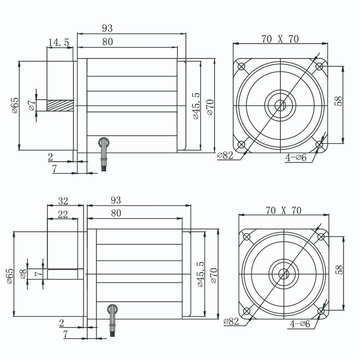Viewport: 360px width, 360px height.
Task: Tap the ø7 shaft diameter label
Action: (x=32, y=105)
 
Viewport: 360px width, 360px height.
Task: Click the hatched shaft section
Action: (x=60, y=105)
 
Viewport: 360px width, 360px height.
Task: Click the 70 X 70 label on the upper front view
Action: (x=280, y=39)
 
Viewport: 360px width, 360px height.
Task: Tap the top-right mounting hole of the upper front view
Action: (x=319, y=67)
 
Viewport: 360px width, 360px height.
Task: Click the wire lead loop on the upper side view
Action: (x=104, y=141)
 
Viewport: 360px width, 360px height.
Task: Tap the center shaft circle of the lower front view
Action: (x=284, y=274)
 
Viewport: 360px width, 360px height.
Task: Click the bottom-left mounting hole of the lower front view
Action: (x=247, y=311)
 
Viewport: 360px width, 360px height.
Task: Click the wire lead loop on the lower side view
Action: (x=112, y=309)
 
